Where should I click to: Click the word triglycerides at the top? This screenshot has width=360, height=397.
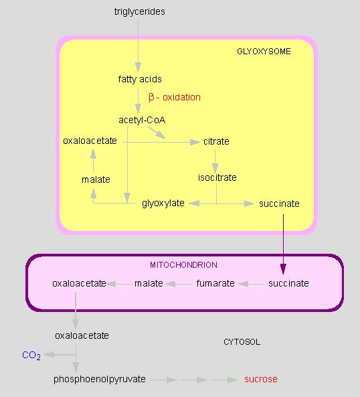140,12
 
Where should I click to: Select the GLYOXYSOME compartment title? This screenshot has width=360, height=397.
264,52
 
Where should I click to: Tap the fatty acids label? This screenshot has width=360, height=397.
140,80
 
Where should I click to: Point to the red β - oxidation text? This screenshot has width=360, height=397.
175,98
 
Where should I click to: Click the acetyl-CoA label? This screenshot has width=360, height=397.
142,120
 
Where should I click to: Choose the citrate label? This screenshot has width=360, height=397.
216,141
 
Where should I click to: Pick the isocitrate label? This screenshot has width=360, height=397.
217,177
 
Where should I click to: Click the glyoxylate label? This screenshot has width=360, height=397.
163,204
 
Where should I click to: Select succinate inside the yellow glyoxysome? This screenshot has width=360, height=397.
279,204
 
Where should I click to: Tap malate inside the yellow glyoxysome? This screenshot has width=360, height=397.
96,179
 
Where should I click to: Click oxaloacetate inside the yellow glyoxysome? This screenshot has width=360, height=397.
90,141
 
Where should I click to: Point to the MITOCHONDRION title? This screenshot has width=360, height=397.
183,265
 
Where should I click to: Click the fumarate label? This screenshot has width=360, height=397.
215,283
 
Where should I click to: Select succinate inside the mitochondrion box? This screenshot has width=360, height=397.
288,283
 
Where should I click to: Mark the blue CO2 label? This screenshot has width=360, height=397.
31,355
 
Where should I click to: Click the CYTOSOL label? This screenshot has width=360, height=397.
242,342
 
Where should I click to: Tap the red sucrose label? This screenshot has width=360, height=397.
261,379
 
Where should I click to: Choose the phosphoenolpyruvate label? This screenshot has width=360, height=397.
100,380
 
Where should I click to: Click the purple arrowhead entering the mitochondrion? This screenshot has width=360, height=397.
283,269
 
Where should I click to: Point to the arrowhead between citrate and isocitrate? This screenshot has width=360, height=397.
215,168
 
